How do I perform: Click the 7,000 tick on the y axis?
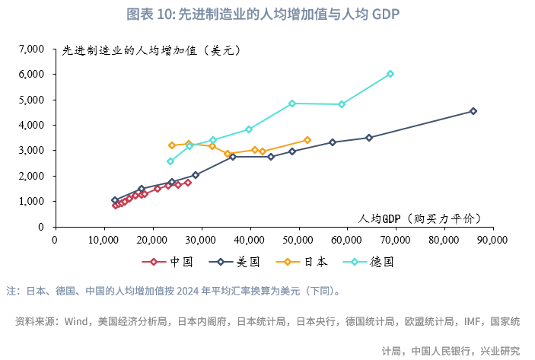(32, 49)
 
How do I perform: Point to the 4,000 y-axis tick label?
(32, 125)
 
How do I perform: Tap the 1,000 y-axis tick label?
(32, 201)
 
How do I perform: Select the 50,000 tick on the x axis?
(298, 238)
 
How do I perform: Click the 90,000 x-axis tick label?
(492, 238)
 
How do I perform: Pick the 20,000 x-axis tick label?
(152, 238)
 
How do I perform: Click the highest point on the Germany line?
(390, 74)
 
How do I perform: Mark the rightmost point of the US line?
(473, 111)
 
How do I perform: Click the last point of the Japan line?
(307, 140)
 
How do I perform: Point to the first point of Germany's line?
(170, 161)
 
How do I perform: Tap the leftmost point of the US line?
(115, 200)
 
